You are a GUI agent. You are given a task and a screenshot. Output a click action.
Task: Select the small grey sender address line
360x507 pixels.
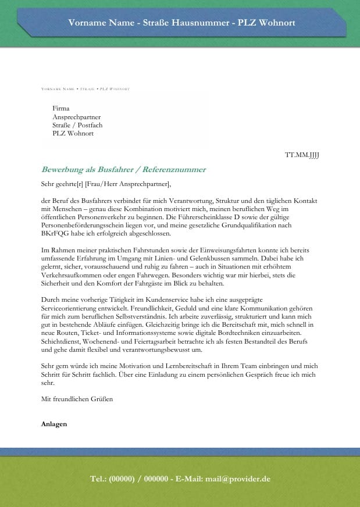pos(85,89)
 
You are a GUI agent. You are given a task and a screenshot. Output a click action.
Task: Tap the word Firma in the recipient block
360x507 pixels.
pos(60,108)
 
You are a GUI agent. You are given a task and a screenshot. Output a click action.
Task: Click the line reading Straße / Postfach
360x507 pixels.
pos(77,125)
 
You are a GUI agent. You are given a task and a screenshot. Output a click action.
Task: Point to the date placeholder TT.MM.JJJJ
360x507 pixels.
pos(302,155)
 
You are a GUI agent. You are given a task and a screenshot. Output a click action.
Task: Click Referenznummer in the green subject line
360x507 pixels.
pos(175,170)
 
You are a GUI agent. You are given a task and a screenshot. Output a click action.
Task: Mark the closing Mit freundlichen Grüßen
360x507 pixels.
pos(77,399)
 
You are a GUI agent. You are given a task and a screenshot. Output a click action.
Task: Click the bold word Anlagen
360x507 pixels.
pos(54,424)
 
